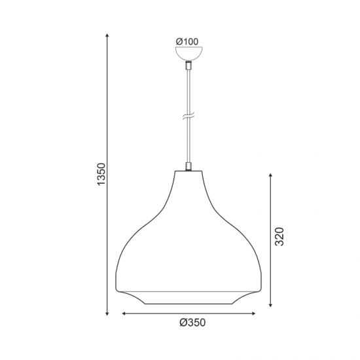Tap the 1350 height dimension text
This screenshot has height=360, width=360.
pyautogui.click(x=101, y=174)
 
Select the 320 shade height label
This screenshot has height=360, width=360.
pyautogui.click(x=279, y=237)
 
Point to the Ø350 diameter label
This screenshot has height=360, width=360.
pyautogui.click(x=192, y=323)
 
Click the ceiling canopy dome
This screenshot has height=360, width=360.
pyautogui.click(x=189, y=54)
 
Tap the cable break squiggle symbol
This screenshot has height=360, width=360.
pyautogui.click(x=189, y=117)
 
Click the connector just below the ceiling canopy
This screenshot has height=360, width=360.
pyautogui.click(x=189, y=65)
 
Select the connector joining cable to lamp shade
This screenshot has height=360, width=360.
pyautogui.click(x=189, y=166)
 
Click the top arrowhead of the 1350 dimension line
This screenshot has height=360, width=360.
pyautogui.click(x=107, y=35)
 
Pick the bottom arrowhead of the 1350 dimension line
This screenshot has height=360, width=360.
pyautogui.click(x=107, y=314)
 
